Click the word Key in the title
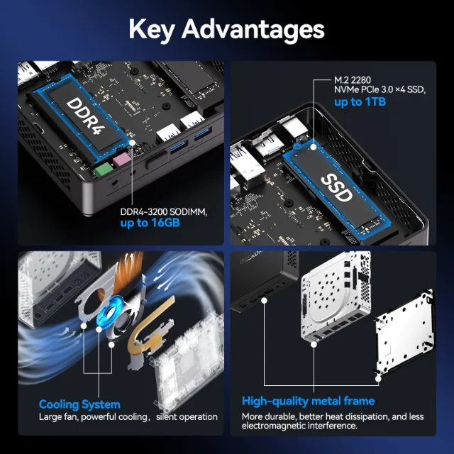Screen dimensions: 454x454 tap(151, 30)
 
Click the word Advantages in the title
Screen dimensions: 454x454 tap(253, 29)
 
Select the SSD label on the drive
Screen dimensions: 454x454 tap(337, 187)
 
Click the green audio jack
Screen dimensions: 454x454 tap(104, 170)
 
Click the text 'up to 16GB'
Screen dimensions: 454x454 tap(150, 223)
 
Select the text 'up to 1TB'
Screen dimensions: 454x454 tap(360, 102)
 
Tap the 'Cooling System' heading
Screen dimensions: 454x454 tap(79, 404)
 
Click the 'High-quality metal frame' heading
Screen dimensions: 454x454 tap(308, 401)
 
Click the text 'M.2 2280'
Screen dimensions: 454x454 tap(352, 80)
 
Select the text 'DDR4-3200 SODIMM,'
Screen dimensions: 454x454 tap(164, 212)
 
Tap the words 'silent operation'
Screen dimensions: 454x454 tap(187, 416)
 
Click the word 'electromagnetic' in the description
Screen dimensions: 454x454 tap(274, 426)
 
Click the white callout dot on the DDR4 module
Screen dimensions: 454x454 tap(132, 143)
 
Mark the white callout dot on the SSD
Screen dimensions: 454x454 tap(314, 147)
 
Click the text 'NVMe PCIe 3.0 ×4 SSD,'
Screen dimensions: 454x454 tap(380, 90)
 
